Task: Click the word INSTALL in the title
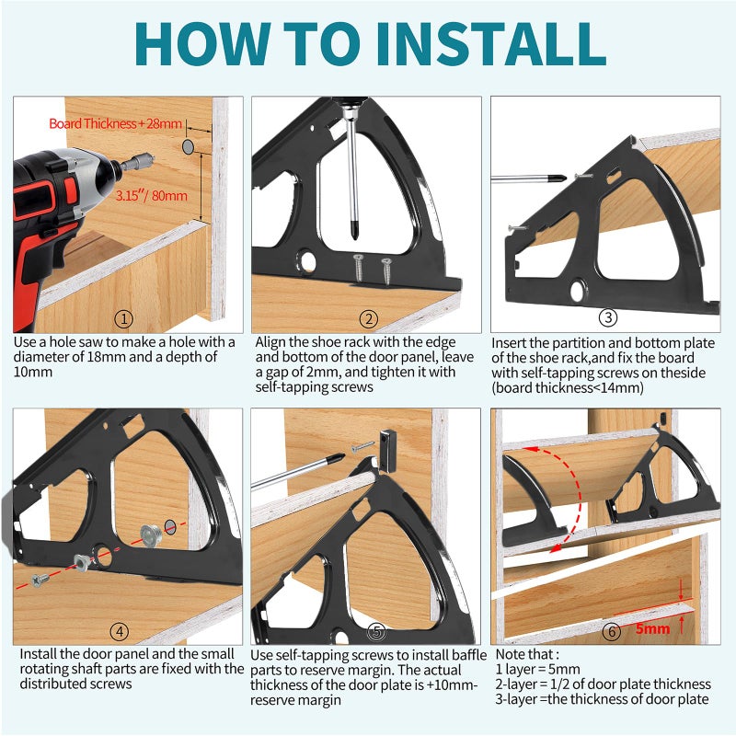(490, 43)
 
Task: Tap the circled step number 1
(124, 319)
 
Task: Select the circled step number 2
(369, 319)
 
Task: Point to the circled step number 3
(608, 317)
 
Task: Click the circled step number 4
(120, 631)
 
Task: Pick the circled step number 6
(612, 631)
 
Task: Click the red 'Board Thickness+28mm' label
(116, 123)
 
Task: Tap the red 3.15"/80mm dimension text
(151, 195)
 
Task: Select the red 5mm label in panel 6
(652, 628)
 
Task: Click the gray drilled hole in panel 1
(189, 146)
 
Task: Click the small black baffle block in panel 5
(388, 451)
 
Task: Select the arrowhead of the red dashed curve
(557, 546)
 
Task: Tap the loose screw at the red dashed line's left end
(40, 580)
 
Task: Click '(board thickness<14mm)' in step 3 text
(568, 387)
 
